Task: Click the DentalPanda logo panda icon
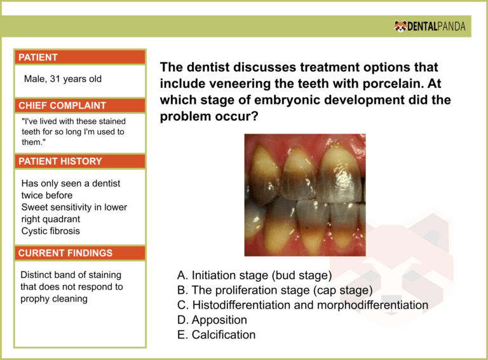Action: [400, 27]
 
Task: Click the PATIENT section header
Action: [38, 57]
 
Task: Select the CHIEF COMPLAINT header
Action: [62, 106]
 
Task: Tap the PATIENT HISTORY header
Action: [60, 162]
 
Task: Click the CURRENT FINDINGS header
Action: [65, 253]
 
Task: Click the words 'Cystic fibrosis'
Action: [51, 231]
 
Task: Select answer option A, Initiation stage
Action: [254, 276]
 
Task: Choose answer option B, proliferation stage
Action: [274, 291]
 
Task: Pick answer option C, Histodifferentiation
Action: [302, 305]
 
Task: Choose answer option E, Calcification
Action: [217, 335]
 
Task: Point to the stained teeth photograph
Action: [305, 195]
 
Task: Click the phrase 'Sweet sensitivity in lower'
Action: [74, 207]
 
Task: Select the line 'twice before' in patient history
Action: [47, 195]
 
